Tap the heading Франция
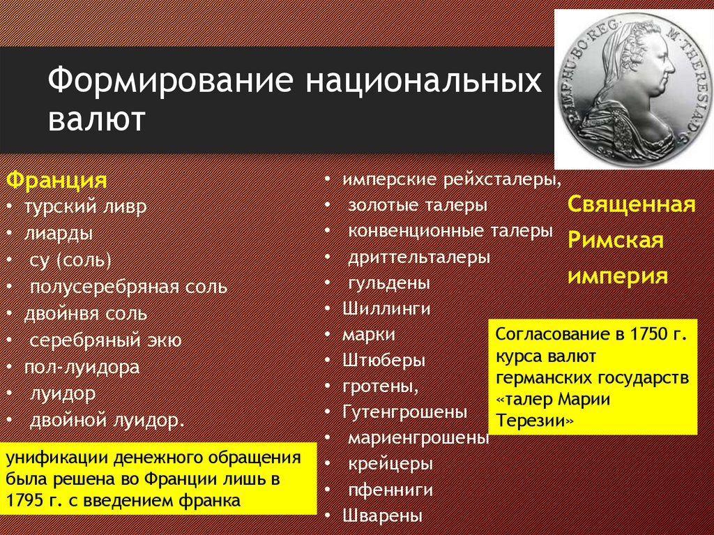click(x=56, y=181)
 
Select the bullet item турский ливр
click(x=86, y=207)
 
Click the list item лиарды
click(x=59, y=234)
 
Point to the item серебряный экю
click(x=105, y=340)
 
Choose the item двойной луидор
click(x=107, y=420)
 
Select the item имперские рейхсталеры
click(x=451, y=179)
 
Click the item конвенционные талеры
click(x=450, y=230)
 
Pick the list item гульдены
click(x=389, y=282)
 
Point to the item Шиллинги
click(x=386, y=308)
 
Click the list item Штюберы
click(x=383, y=361)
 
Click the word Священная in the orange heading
click(x=631, y=205)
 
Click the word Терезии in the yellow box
click(x=535, y=421)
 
